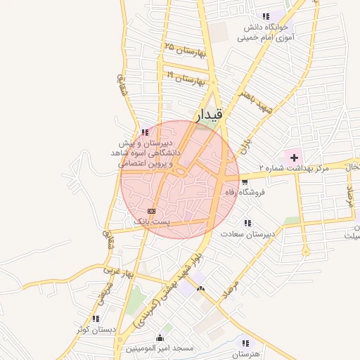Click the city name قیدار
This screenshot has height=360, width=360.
point(208,114)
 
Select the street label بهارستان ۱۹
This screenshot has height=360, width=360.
point(186,77)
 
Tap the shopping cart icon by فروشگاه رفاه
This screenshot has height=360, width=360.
point(244,182)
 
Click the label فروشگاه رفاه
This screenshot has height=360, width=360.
point(243,192)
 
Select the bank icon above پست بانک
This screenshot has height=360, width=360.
point(151,211)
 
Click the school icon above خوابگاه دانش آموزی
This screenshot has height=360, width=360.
point(265,16)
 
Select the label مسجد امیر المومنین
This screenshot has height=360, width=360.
point(160,348)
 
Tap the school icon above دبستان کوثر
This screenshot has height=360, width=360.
point(95,319)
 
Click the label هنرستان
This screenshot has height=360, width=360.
point(245,353)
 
